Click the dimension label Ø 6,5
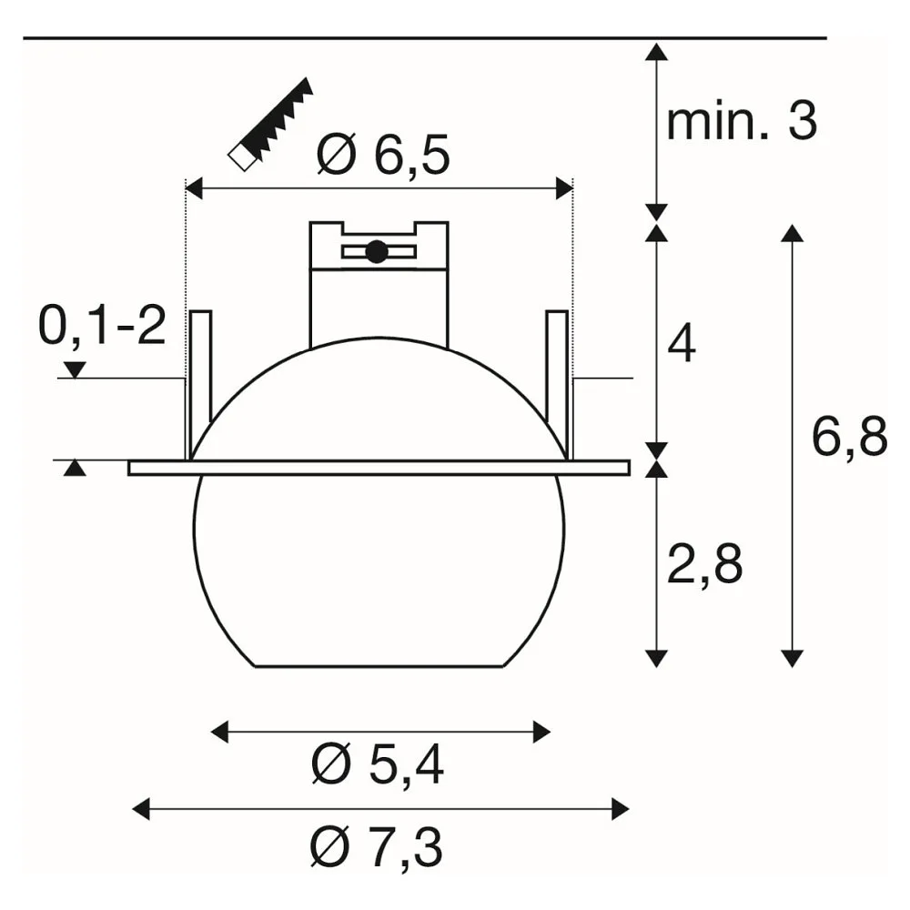383,155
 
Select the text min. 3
741,121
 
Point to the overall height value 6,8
849,437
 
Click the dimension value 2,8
704,565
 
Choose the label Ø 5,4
378,765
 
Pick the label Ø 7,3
377,846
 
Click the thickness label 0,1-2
102,326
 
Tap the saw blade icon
271,124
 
